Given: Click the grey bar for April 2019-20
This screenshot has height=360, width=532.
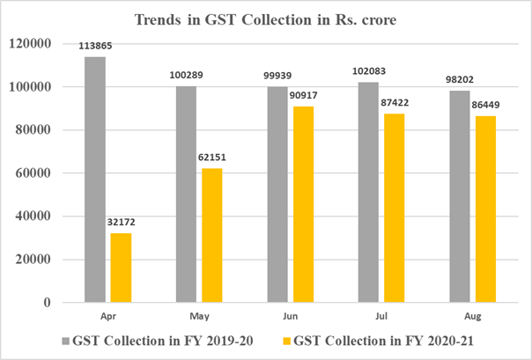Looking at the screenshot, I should pyautogui.click(x=94, y=180).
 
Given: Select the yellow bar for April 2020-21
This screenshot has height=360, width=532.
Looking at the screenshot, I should pyautogui.click(x=122, y=268).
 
